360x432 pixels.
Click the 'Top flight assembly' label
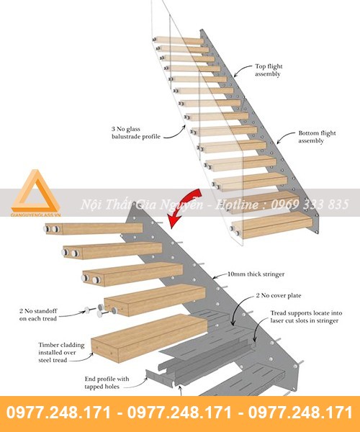269,70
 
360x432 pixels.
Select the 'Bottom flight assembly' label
317,137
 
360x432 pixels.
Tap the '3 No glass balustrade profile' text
136,132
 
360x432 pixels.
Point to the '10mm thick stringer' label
256,274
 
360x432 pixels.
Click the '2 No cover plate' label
279,296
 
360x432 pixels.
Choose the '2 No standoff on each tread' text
38,315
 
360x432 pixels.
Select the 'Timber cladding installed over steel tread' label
61,352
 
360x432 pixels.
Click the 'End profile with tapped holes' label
107,383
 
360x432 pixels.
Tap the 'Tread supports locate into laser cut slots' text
306,317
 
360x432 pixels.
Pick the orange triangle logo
35,190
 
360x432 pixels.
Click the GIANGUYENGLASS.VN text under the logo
35,215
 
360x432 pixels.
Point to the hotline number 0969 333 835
310,204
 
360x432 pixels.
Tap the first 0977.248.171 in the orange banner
58,413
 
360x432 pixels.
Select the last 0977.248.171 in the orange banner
300,413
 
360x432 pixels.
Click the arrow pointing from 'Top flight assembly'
243,70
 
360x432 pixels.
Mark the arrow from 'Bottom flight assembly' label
286,137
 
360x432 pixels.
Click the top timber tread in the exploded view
94,228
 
